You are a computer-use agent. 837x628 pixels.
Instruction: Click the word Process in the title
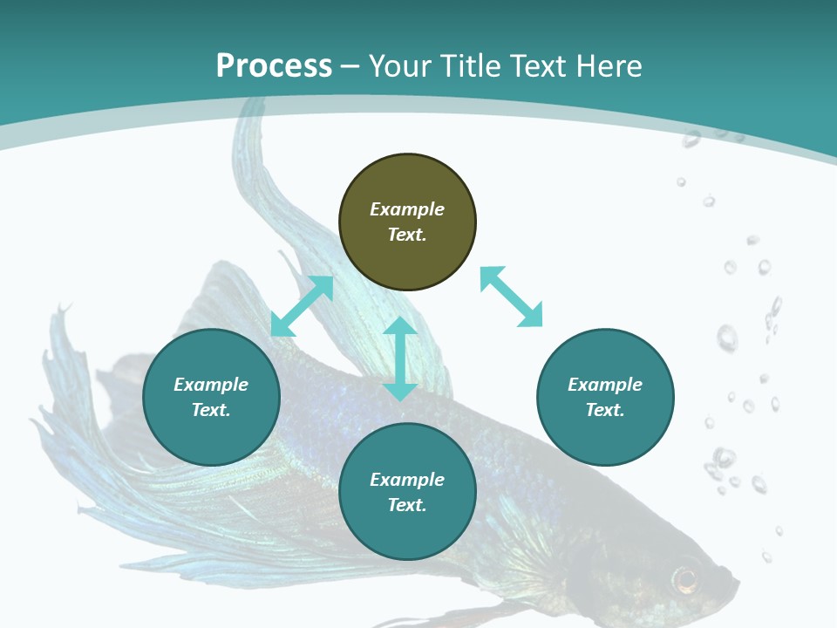pos(274,66)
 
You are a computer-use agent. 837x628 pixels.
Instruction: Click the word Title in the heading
pos(472,66)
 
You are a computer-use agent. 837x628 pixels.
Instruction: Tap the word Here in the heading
pos(609,66)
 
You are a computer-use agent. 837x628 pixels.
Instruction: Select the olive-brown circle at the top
pos(407,222)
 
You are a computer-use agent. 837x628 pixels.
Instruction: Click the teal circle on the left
pos(211,397)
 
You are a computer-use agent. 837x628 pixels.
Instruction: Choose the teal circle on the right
pos(605,397)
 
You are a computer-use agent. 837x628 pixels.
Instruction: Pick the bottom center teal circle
pos(407,492)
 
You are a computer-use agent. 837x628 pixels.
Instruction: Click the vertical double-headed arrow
pos(400,358)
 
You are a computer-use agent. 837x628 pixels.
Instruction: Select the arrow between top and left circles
pos(302,306)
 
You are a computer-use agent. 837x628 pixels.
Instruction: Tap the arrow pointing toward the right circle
pos(512,297)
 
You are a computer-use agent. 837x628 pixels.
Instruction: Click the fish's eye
pos(686,577)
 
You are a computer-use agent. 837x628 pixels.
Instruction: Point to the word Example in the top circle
pos(407,209)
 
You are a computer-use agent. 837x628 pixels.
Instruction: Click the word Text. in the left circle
pos(211,410)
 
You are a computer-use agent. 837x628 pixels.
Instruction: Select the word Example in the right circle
pos(605,385)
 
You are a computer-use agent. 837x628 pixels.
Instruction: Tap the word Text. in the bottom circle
pos(407,505)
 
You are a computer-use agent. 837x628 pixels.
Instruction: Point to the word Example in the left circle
pos(211,385)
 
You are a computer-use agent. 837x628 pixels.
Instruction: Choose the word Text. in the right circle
pos(605,410)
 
